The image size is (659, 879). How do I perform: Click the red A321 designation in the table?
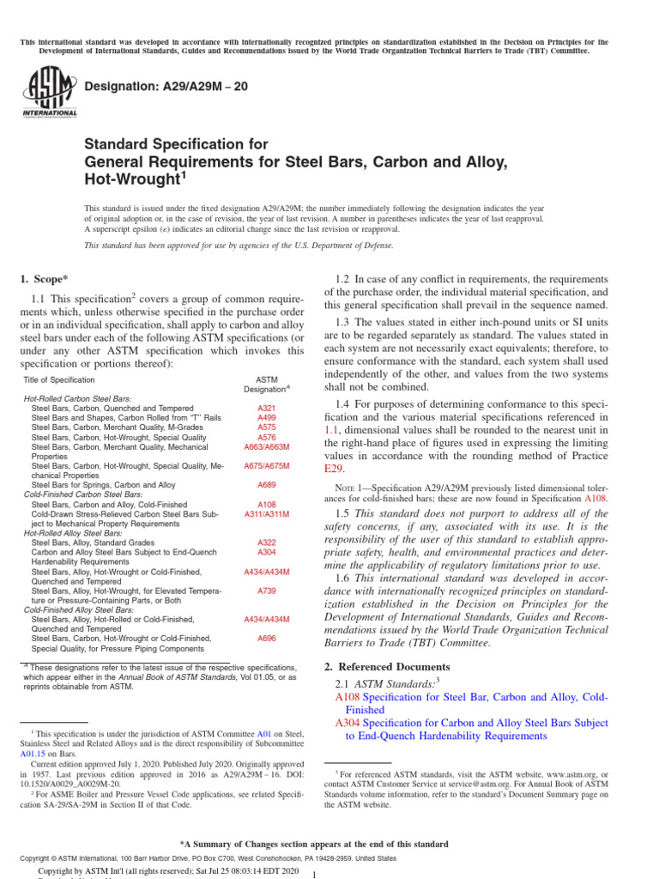(x=266, y=408)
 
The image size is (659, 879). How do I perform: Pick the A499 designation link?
(x=266, y=417)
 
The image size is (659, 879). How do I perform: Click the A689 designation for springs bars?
(x=266, y=485)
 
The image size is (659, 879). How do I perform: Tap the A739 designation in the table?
(x=266, y=591)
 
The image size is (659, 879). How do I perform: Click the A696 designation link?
(x=266, y=639)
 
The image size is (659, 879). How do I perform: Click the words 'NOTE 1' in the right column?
(x=353, y=488)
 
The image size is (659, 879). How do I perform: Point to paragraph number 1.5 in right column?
(x=344, y=513)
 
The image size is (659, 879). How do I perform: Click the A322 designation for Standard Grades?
(x=266, y=543)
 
